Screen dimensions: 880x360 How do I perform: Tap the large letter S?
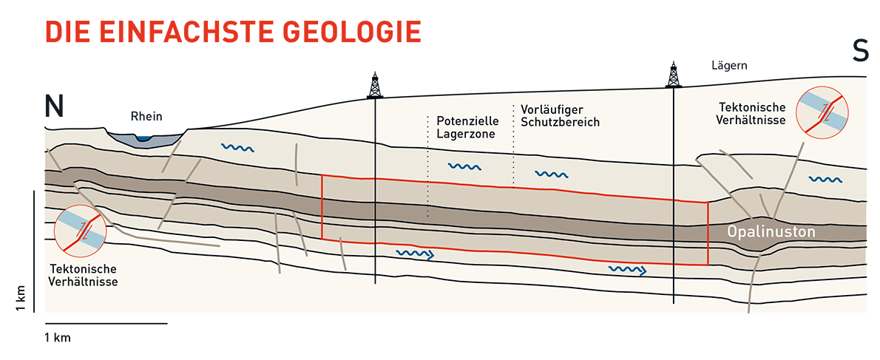pos(860,51)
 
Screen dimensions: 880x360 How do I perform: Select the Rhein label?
pos(146,117)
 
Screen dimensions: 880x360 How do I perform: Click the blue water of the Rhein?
pos(146,137)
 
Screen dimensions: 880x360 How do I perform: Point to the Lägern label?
pos(728,67)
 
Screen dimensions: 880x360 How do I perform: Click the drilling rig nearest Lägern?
pos(673,75)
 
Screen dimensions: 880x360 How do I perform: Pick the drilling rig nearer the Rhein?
pos(374,85)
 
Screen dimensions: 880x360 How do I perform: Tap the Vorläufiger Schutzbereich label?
pos(561,115)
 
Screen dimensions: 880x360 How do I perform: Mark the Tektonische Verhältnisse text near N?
pos(84,275)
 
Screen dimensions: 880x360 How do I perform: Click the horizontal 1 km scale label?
pos(57,338)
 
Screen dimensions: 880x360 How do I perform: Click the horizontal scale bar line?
pos(106,324)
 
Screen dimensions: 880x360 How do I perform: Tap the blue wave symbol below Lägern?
pos(825,180)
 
